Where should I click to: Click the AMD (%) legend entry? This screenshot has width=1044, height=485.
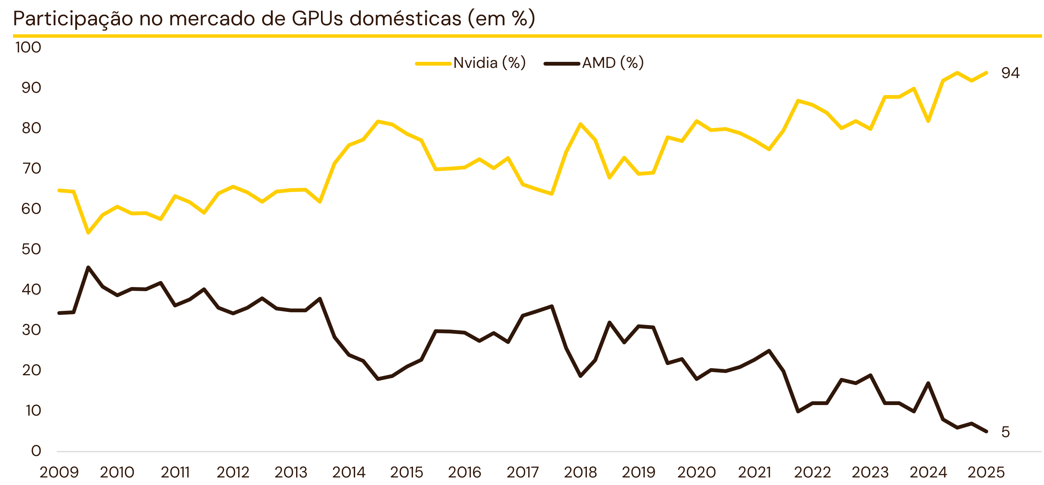click(594, 63)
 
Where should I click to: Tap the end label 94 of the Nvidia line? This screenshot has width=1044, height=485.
click(1010, 73)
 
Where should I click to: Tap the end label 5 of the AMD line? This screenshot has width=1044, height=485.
click(1005, 432)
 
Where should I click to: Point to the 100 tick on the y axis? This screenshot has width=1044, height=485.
click(28, 48)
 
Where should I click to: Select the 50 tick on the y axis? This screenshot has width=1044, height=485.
click(31, 249)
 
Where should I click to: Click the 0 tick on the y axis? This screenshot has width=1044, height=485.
click(36, 451)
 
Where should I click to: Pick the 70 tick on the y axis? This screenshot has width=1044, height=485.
click(31, 169)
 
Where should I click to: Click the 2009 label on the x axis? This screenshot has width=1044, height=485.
click(59, 473)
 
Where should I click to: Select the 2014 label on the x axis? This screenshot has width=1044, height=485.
click(349, 473)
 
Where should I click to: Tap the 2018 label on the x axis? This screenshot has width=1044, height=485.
click(580, 473)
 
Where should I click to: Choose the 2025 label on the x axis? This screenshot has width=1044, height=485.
click(986, 473)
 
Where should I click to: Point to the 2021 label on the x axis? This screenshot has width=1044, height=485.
click(754, 473)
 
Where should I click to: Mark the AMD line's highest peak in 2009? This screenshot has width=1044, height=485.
click(88, 267)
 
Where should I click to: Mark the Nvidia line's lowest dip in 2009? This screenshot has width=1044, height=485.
click(88, 233)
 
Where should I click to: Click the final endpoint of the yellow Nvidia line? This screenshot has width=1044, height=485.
click(986, 73)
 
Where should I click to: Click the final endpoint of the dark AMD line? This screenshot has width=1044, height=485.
click(986, 431)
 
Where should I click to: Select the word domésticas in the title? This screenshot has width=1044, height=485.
click(405, 18)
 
